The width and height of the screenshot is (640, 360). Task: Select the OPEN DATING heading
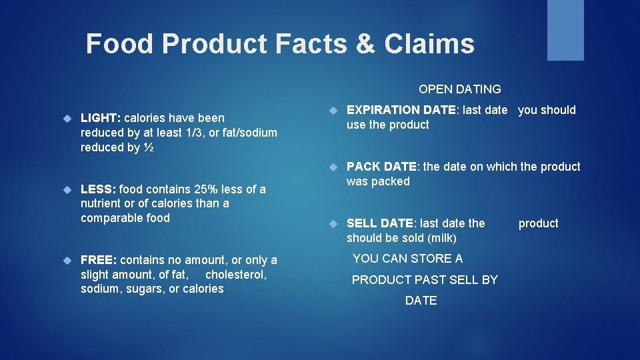coord(459,89)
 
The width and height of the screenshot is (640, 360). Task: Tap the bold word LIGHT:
coord(100,118)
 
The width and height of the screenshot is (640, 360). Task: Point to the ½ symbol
coord(149,147)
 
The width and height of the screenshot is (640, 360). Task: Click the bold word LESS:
coord(98,189)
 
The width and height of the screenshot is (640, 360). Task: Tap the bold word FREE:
coord(99,260)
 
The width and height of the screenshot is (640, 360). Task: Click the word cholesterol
coord(236,275)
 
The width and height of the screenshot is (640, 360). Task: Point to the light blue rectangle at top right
coord(565,30)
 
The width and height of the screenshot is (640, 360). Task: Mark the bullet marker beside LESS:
coord(67,190)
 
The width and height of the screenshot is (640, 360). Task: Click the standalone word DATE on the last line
coord(421,301)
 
